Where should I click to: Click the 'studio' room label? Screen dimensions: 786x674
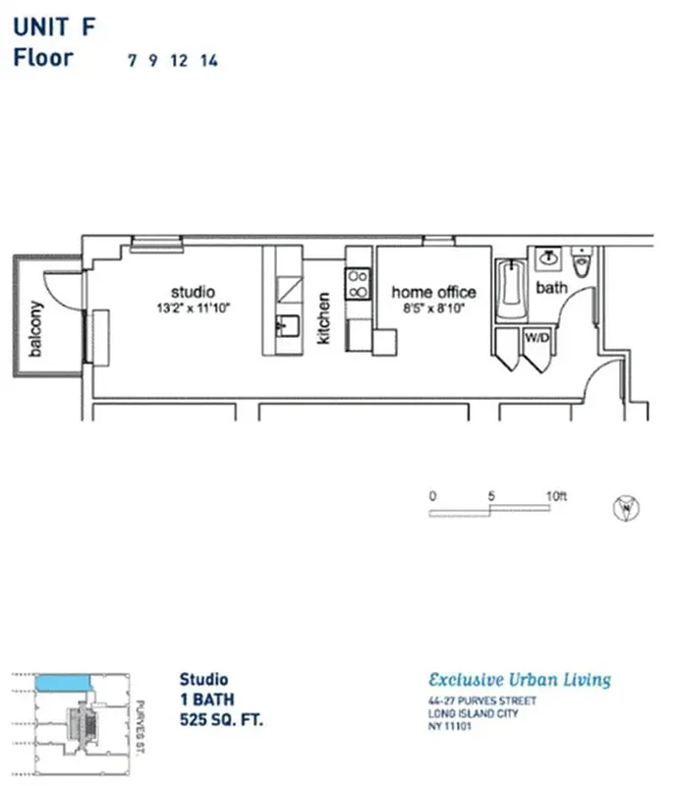click(193, 292)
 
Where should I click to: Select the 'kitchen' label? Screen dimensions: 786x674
click(324, 318)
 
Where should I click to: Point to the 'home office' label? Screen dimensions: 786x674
click(433, 292)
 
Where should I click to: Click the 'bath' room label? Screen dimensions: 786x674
click(551, 288)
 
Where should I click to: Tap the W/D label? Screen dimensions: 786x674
click(536, 337)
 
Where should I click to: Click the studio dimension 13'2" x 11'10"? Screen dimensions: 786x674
click(193, 309)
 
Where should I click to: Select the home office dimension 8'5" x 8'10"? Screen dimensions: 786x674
click(433, 309)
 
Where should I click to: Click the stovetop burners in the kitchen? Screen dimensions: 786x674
click(358, 284)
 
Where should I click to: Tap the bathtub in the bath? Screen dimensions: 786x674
click(511, 289)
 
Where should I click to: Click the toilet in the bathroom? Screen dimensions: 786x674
click(581, 262)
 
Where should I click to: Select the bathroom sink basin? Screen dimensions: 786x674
click(548, 258)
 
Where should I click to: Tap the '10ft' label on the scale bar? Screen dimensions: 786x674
click(556, 496)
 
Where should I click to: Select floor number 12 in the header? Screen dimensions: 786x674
click(179, 60)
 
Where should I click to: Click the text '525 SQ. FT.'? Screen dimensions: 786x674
click(221, 720)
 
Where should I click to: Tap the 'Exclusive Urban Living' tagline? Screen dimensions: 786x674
click(520, 680)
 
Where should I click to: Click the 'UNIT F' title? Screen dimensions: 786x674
click(54, 27)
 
